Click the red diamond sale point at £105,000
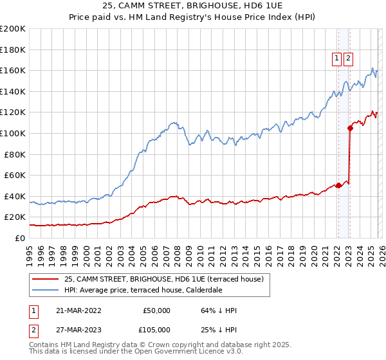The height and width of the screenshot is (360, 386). pos(350,128)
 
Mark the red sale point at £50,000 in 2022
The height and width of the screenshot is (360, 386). pos(338,186)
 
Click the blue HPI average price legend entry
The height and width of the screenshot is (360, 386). pos(143,290)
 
